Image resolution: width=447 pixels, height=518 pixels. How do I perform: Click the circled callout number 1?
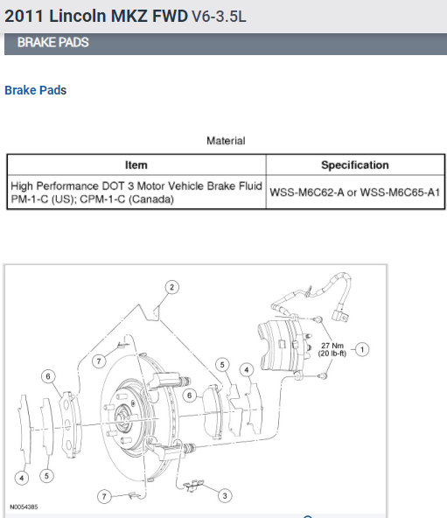click(362, 349)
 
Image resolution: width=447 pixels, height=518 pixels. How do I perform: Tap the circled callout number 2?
click(171, 287)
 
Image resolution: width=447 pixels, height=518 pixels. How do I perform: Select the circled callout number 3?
click(225, 495)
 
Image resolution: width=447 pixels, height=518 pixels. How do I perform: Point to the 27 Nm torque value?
click(332, 346)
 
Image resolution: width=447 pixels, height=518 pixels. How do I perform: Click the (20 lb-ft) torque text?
click(332, 353)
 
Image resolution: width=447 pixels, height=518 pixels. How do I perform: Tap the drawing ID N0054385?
click(24, 507)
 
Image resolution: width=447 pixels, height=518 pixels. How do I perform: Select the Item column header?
click(136, 164)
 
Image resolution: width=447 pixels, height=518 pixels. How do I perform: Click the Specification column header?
click(355, 164)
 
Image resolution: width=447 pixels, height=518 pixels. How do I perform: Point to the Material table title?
click(226, 141)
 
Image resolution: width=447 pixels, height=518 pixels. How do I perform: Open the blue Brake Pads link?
click(35, 90)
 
